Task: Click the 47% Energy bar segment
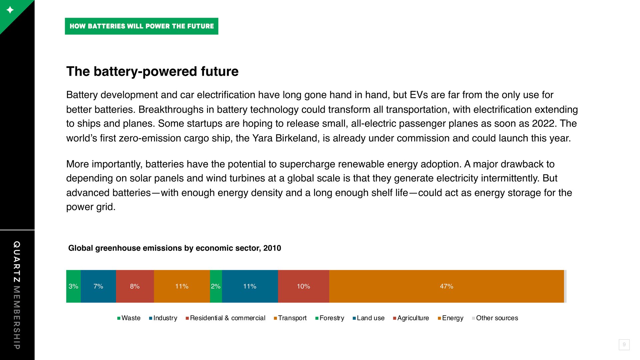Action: (x=446, y=286)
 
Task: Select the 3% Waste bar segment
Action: (x=73, y=286)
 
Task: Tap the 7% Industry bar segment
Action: (x=98, y=286)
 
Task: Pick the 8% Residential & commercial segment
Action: (x=135, y=286)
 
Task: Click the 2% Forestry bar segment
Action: (x=216, y=286)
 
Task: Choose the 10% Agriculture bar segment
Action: (x=304, y=286)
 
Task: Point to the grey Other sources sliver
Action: (x=565, y=286)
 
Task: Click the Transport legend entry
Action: (x=290, y=318)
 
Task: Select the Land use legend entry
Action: (x=368, y=318)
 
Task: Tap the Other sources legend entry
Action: (x=495, y=318)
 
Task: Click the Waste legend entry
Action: (x=129, y=318)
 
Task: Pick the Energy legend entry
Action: (x=450, y=318)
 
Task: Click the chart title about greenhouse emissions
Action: (x=175, y=248)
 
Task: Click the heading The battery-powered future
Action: (x=152, y=71)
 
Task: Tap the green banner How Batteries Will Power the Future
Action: (x=142, y=26)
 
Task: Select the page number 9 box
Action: (x=624, y=345)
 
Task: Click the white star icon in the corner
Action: (x=10, y=10)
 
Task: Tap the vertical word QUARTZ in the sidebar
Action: (x=17, y=262)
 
